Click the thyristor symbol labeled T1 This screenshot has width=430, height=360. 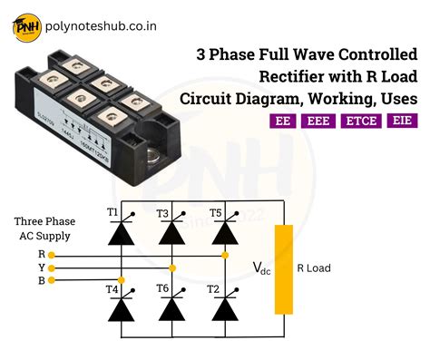[119, 232]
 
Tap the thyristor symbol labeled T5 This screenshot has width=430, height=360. [220, 232]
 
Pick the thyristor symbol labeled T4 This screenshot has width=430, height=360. [119, 309]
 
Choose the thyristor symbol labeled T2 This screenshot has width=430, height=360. [220, 309]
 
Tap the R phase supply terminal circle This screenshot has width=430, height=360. [53, 256]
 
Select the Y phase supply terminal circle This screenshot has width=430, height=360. [53, 268]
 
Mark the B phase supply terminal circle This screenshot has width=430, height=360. [53, 281]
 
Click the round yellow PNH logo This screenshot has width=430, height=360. [26, 27]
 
